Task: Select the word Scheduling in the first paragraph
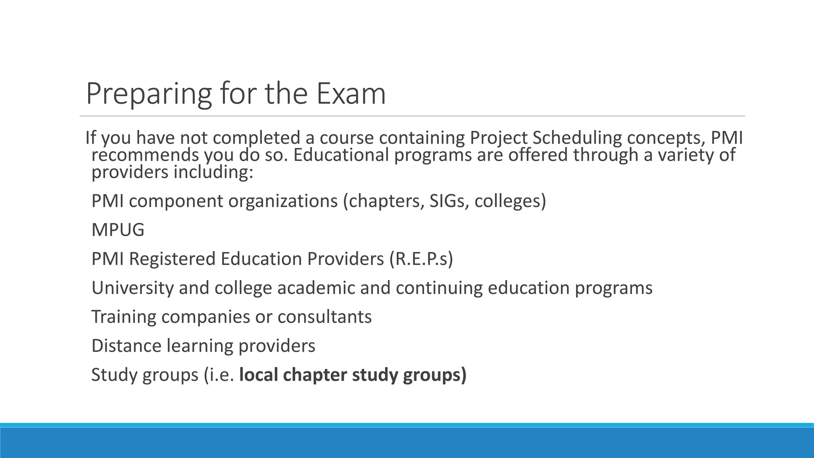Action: [577, 138]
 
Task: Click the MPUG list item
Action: [118, 230]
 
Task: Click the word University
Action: [132, 288]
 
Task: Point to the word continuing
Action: [439, 288]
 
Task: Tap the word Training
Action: [124, 317]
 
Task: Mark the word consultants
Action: [324, 317]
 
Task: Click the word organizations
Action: [283, 201]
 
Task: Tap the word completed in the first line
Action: [256, 138]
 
